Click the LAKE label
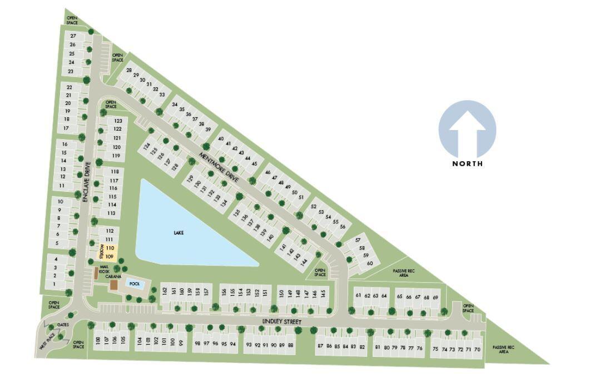coord(178,233)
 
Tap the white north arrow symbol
coord(467,132)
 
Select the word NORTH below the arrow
coord(467,163)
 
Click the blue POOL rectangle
coord(135,283)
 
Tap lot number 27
coord(73,36)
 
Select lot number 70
coord(477,349)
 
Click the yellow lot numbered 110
coord(110,248)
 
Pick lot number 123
coord(117,121)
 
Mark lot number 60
coord(370,263)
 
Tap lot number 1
coord(54,284)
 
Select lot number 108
coord(98,340)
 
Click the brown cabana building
coord(114,285)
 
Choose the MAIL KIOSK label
coord(105,268)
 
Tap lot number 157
coord(206,291)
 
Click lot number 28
coord(129,71)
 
